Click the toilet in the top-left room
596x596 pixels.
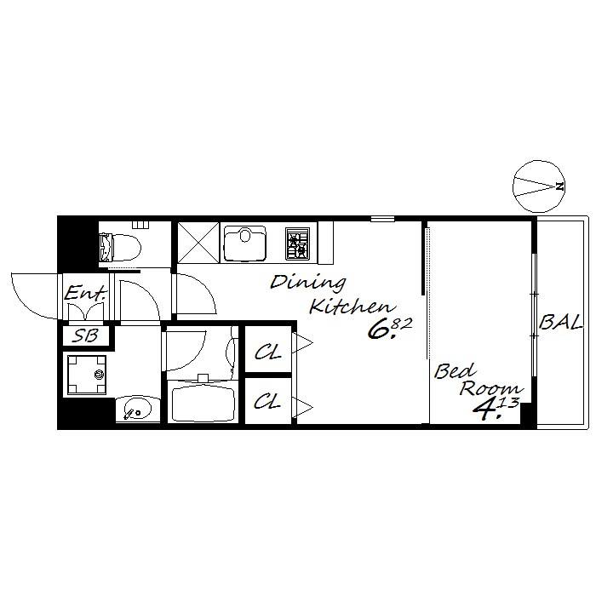119,247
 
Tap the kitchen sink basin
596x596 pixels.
245,244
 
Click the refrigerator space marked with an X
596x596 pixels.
198,243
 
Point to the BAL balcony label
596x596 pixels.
561,323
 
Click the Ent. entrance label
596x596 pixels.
85,293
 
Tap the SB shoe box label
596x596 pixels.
86,335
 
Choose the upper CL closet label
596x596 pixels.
268,352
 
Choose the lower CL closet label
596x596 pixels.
267,401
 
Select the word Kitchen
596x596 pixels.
352,307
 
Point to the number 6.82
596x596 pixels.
390,329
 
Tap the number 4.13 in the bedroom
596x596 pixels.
496,409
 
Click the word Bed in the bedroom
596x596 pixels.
455,371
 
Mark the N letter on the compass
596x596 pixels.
559,186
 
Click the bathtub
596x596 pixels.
203,404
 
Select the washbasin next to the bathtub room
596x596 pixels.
138,409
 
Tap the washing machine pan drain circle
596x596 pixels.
100,375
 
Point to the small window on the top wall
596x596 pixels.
382,219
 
